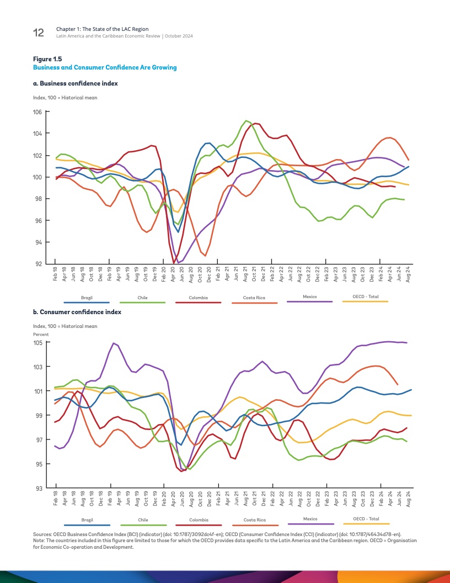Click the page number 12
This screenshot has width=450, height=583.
39,33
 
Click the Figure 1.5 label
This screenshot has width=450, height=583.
46,59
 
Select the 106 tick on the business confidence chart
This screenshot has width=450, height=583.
38,112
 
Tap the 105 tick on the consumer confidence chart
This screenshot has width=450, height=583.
38,343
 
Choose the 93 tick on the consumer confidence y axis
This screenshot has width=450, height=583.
38,489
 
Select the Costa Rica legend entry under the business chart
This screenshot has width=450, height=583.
255,298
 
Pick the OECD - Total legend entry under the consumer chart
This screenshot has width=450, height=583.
366,519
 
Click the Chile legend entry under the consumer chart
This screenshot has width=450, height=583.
143,520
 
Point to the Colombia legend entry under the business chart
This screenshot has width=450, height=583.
199,298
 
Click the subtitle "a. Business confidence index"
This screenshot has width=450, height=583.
76,83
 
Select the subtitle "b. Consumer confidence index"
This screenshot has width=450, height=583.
77,312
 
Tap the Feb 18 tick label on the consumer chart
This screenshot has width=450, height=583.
56,497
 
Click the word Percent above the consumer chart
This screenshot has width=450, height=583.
41,335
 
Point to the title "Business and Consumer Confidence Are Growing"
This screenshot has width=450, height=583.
105,67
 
